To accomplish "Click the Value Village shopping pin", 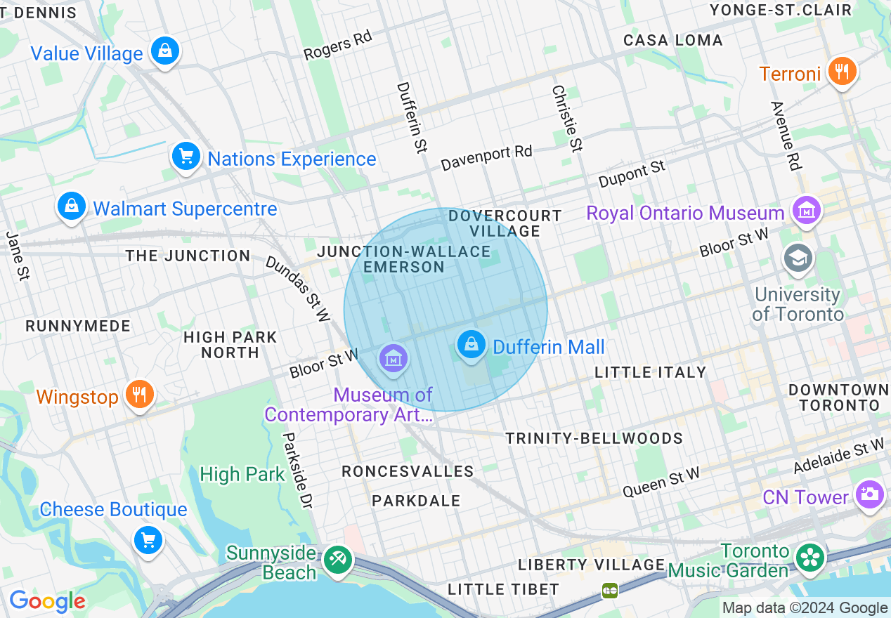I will click(164, 51).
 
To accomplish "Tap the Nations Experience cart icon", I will click(186, 157).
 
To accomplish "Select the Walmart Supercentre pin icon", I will click(71, 206).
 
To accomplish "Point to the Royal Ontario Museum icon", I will click(806, 211).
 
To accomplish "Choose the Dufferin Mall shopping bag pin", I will click(471, 345).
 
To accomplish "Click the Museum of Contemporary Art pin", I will click(394, 359).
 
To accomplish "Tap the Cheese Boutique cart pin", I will click(148, 540).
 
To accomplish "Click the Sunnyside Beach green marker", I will click(338, 560).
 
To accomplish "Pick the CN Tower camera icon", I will click(870, 494).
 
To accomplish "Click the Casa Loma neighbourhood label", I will click(673, 40).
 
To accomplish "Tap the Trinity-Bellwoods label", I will click(594, 439).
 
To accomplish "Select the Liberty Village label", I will click(592, 565).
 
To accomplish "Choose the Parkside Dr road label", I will click(297, 470).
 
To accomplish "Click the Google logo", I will click(47, 601).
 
